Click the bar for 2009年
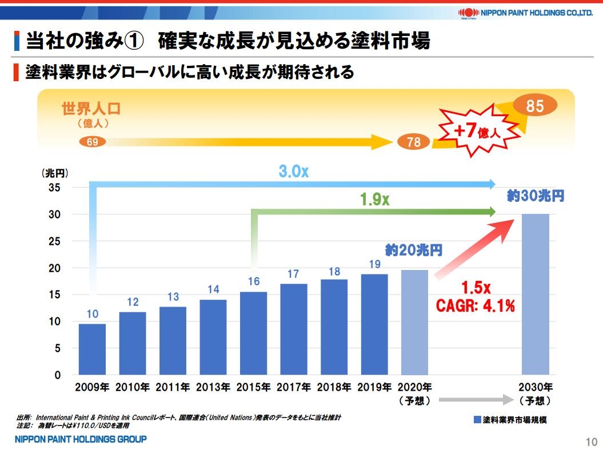click(92, 349)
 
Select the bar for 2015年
click(253, 333)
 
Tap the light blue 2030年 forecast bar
click(536, 294)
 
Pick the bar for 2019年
click(374, 324)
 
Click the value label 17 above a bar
click(293, 275)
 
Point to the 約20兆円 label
click(414, 251)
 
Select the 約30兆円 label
click(536, 196)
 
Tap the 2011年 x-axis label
click(173, 387)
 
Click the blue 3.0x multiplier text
click(294, 171)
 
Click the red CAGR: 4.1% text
click(476, 306)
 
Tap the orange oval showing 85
click(535, 106)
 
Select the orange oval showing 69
click(92, 142)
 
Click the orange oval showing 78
click(413, 142)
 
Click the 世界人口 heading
click(91, 109)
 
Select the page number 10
click(591, 442)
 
